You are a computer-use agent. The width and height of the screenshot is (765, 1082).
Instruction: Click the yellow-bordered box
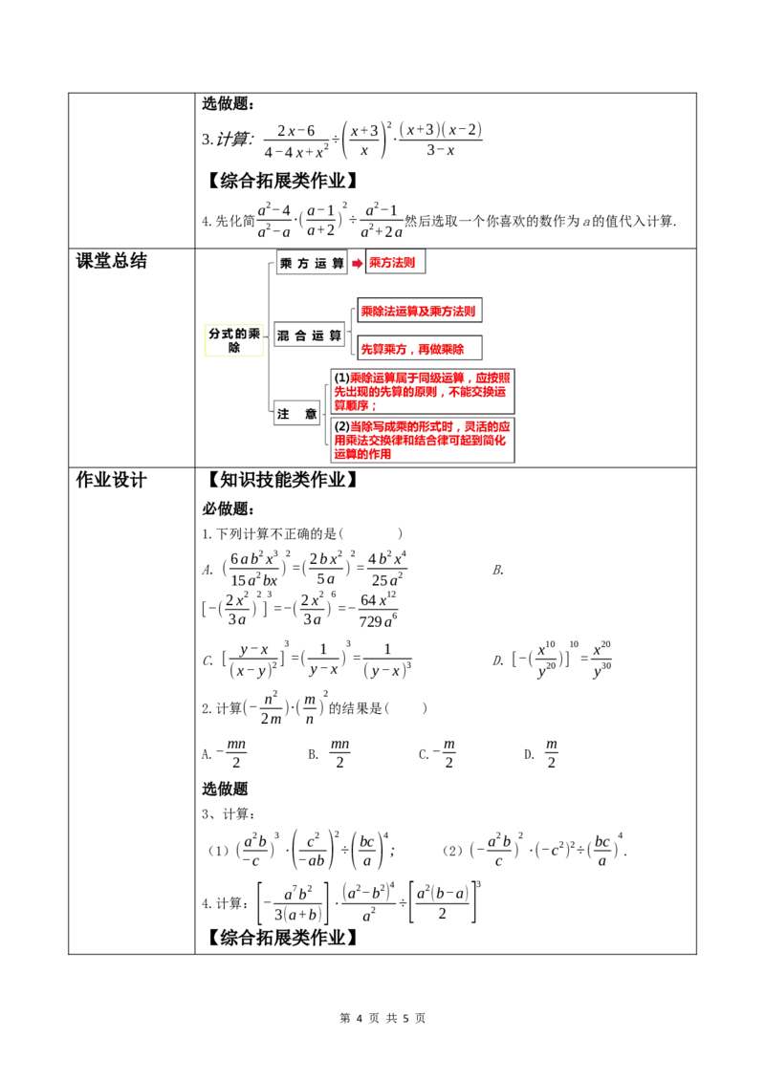coord(233,340)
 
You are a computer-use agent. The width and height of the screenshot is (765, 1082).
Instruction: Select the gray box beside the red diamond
coord(313,262)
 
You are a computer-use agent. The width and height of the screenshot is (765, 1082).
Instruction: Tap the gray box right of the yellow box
coord(309,335)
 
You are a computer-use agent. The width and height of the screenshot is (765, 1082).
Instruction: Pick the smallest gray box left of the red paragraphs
coord(295,412)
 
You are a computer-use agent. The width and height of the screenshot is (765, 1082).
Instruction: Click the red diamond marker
coord(357,263)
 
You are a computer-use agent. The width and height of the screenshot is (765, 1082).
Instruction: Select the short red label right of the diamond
coord(392,263)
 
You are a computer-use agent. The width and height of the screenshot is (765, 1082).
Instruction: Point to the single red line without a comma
coord(418,312)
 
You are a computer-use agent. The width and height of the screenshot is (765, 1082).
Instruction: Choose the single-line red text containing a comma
coord(412,350)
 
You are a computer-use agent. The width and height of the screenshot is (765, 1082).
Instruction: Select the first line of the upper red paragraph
coord(430,377)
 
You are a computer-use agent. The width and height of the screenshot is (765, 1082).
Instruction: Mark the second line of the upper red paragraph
coord(421,391)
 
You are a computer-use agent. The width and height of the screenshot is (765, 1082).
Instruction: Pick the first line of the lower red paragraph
coord(430,426)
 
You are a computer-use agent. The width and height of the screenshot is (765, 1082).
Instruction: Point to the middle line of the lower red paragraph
coord(421,442)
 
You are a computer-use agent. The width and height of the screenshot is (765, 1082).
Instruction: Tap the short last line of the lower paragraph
coord(361,456)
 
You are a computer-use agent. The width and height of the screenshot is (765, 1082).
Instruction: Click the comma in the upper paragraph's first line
coord(469,378)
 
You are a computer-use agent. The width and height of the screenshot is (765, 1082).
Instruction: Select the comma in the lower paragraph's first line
coord(457,427)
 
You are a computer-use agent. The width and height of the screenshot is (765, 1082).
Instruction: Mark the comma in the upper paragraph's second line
coord(442,392)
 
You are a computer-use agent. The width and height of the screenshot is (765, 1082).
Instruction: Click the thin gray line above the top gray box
coord(313,246)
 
